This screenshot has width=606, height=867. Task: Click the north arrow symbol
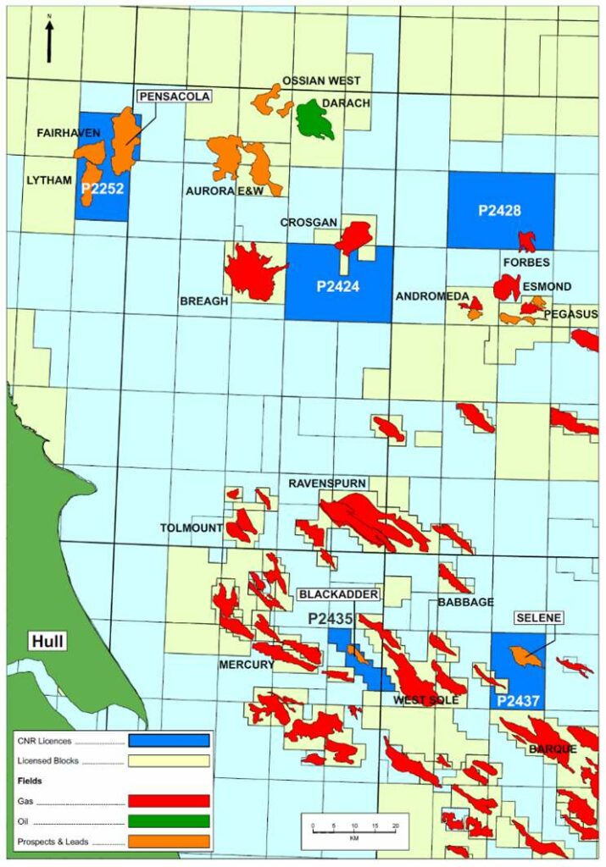tap(49, 40)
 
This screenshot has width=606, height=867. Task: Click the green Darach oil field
tap(314, 119)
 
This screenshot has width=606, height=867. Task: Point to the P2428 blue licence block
tap(500, 210)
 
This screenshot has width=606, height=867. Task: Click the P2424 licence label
tap(338, 286)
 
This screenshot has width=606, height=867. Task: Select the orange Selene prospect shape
tap(525, 655)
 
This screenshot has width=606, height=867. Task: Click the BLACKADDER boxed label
tap(338, 594)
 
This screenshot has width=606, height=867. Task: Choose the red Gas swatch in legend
tap(169, 801)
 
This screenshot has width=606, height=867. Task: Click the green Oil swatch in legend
tap(169, 821)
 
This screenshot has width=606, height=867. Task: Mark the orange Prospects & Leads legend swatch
tap(169, 842)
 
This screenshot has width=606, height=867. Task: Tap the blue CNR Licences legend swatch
tap(169, 741)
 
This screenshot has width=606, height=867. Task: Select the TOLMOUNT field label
tap(191, 528)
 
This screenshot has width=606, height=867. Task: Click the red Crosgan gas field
tap(353, 237)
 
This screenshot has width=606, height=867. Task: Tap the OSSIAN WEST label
tap(321, 80)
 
